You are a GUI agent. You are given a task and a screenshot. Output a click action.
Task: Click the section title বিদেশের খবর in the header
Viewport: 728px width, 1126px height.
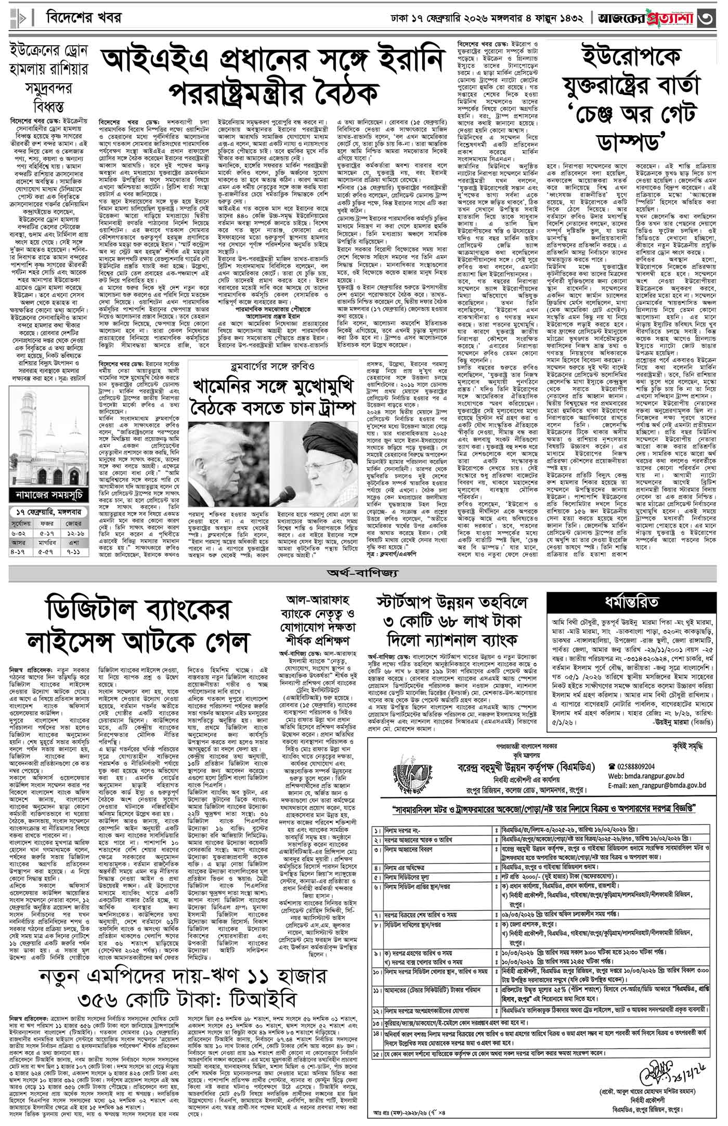(84, 18)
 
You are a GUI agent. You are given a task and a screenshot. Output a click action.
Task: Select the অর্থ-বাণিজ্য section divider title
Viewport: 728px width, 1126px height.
(362, 573)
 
